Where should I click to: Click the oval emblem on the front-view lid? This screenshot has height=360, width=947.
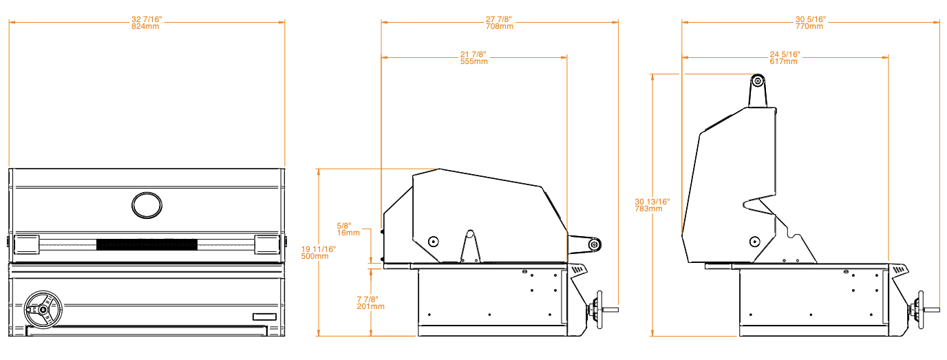[147, 205]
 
